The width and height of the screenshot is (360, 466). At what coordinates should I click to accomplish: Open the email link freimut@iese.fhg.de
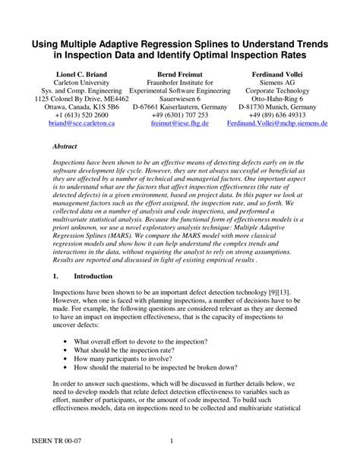coord(180,122)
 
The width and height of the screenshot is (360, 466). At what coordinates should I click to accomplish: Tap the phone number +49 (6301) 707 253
coord(180,113)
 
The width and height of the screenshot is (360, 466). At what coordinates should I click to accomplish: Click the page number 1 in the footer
coord(172,442)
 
